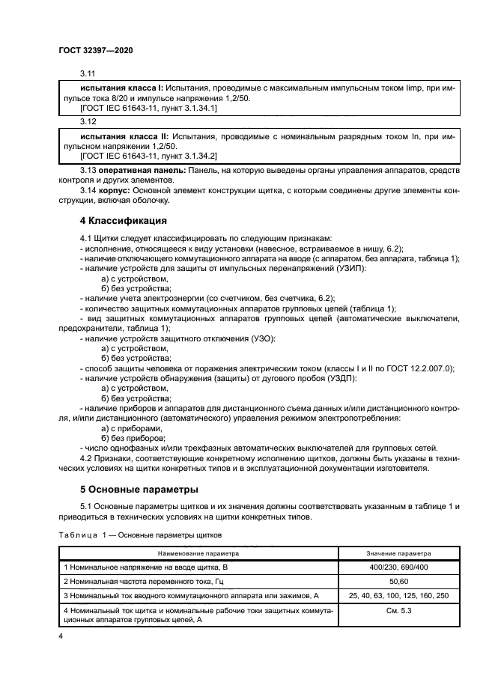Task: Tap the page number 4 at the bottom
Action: pyautogui.click(x=61, y=635)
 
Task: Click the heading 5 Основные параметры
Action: pyautogui.click(x=139, y=490)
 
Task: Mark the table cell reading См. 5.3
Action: pyautogui.click(x=402, y=611)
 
